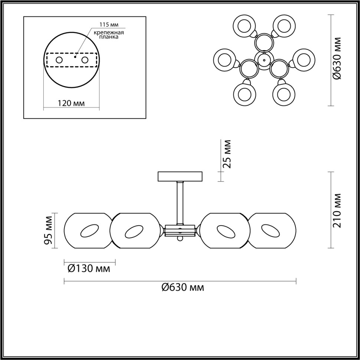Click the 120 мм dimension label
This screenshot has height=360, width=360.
click(71, 103)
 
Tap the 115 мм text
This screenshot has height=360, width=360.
click(109, 25)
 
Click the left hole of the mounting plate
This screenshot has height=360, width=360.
click(59, 60)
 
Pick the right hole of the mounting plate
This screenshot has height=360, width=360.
click(85, 60)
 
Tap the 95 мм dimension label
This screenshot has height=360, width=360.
click(48, 230)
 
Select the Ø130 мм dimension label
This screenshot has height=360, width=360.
click(89, 268)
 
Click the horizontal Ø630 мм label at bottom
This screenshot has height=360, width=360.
click(183, 287)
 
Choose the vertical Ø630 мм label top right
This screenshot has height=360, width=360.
click(337, 58)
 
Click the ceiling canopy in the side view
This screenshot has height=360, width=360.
click(180, 176)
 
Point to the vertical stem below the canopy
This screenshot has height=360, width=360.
click(180, 202)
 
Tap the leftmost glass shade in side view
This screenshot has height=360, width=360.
click(88, 230)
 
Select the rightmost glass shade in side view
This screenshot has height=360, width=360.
click(272, 230)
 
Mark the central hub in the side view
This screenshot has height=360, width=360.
click(180, 230)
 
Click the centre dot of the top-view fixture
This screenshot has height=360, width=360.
click(264, 59)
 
